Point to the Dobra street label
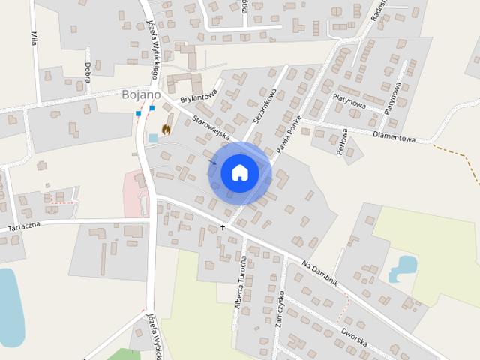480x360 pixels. coord(88,64)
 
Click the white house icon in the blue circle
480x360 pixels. coord(240,172)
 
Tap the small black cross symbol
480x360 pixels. coord(222,226)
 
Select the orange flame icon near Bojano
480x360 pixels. coord(166,128)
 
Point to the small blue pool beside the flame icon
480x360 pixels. coord(154,138)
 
